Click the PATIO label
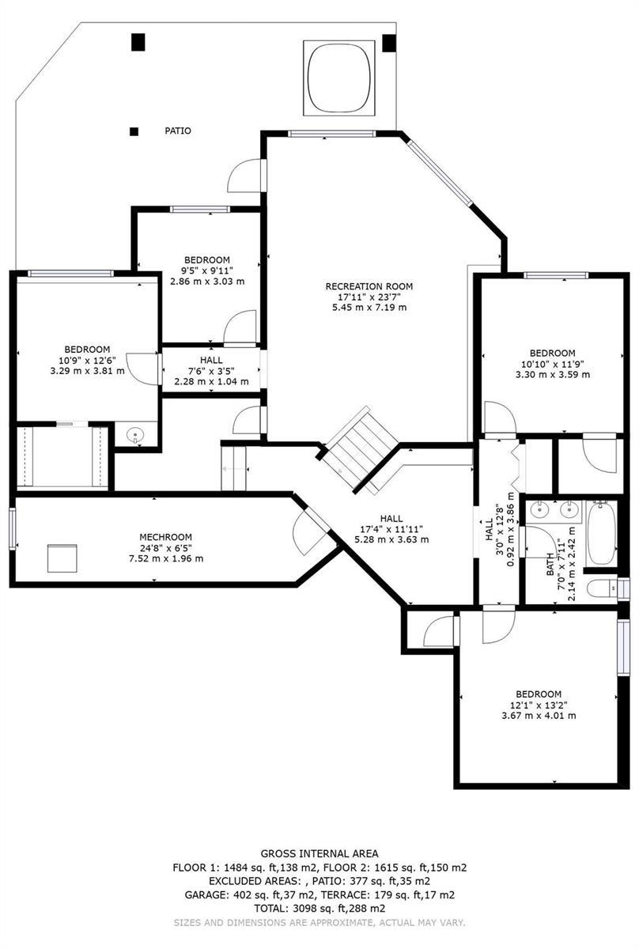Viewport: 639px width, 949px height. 178,131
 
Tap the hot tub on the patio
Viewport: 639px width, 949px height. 338,78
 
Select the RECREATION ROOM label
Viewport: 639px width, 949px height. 369,286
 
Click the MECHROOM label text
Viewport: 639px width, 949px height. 166,537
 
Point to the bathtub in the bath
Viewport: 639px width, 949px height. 601,532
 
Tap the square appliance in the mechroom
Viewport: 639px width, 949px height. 62,558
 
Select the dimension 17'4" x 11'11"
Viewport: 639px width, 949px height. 391,529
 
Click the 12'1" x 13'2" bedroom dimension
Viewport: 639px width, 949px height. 538,705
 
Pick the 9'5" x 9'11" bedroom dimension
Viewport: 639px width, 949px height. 207,270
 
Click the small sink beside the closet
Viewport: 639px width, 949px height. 135,435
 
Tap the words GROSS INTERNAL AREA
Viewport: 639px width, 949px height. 319,853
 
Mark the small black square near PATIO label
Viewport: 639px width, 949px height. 134,132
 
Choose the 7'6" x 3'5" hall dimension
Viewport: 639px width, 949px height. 211,371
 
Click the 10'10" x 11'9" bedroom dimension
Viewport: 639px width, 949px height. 553,364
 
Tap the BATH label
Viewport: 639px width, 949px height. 550,564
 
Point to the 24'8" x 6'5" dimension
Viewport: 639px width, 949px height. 166,548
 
